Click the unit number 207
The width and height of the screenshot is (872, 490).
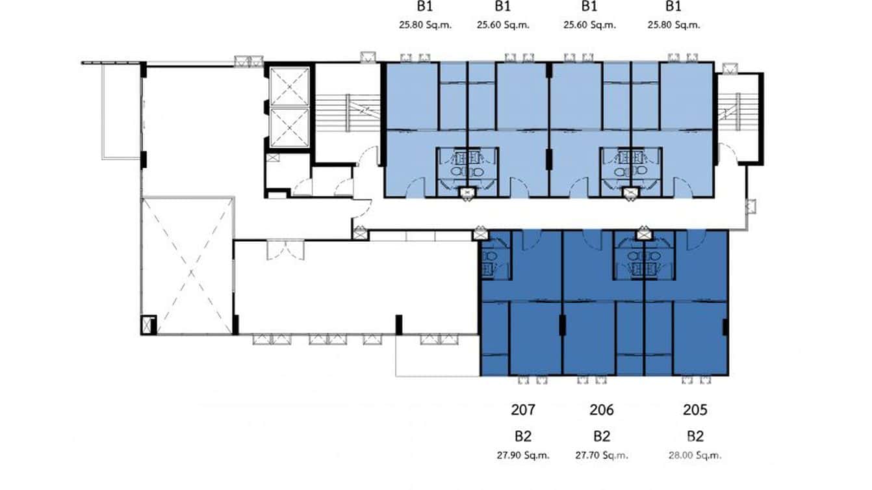click(x=522, y=410)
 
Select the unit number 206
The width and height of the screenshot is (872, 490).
click(x=601, y=410)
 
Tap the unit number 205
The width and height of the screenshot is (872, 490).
click(x=695, y=410)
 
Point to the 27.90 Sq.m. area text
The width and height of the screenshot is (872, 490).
click(x=522, y=456)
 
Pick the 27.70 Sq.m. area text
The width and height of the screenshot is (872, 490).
click(x=601, y=456)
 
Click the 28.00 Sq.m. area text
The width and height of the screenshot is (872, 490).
click(x=695, y=456)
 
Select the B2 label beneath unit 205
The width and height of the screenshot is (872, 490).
click(x=695, y=435)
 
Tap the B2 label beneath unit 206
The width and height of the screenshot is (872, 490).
click(x=601, y=435)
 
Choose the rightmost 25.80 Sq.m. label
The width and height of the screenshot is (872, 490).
click(x=673, y=25)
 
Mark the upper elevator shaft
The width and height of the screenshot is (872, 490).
click(x=290, y=86)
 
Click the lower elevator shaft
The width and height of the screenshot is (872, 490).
click(x=290, y=128)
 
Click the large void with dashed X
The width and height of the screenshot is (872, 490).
click(x=188, y=265)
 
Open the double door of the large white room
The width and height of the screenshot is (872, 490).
click(x=285, y=249)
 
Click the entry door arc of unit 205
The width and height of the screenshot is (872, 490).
click(x=693, y=240)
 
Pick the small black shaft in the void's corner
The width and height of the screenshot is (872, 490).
click(x=148, y=324)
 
